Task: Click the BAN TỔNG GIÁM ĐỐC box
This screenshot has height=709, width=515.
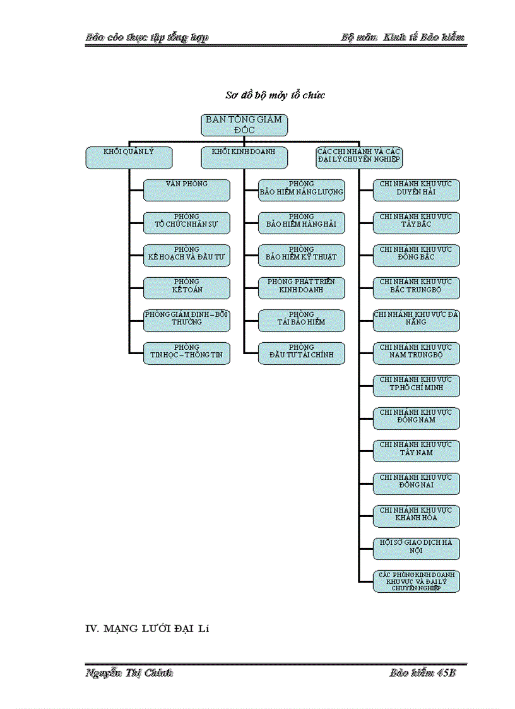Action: (x=244, y=124)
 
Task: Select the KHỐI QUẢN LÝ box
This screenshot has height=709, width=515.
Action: (x=129, y=157)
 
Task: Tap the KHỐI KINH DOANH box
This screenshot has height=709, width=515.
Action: (x=244, y=157)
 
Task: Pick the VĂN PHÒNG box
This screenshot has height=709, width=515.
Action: (x=186, y=189)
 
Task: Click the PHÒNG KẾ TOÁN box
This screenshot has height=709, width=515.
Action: (x=186, y=287)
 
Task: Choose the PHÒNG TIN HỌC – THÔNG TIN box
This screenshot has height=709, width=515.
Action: (x=186, y=353)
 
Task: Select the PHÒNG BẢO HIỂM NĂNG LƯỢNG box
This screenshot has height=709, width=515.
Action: (x=302, y=189)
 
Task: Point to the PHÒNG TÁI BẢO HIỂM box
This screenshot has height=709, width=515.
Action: (x=302, y=320)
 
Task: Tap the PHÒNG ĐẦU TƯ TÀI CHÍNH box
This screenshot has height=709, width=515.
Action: (x=302, y=353)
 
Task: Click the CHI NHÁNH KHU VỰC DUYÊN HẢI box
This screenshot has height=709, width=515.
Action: (x=416, y=189)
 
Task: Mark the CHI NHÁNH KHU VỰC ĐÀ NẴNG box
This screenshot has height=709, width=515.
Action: (x=416, y=320)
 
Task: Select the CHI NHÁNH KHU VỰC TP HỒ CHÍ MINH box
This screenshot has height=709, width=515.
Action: (x=416, y=385)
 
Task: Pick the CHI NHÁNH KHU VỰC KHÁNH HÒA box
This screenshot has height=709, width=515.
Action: (x=416, y=516)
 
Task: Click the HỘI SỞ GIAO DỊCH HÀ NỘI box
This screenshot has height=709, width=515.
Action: (x=416, y=548)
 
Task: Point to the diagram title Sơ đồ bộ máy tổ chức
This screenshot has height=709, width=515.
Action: (x=275, y=95)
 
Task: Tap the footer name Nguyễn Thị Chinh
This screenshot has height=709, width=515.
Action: (x=129, y=673)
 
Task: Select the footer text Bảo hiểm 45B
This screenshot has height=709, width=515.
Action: (x=422, y=673)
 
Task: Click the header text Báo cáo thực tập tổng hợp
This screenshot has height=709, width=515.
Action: (x=147, y=37)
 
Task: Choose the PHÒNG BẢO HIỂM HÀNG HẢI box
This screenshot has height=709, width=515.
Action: (x=302, y=222)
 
